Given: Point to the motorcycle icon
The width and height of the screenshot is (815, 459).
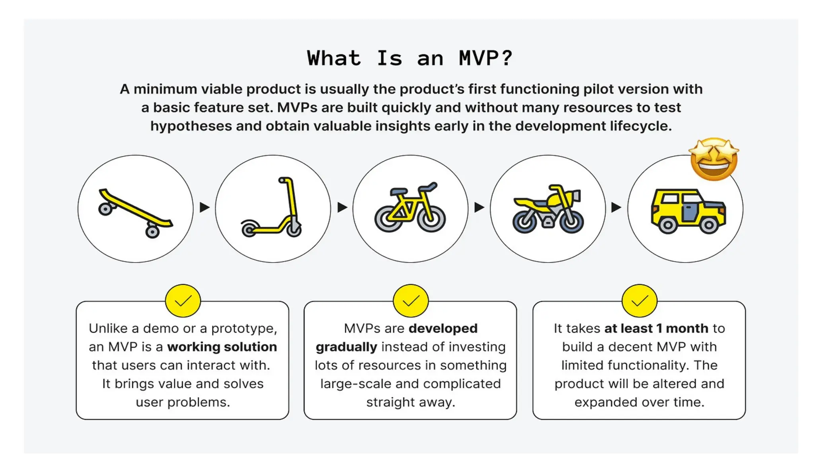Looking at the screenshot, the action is (x=548, y=209).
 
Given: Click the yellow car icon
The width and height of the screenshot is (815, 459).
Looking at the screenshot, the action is (x=688, y=211).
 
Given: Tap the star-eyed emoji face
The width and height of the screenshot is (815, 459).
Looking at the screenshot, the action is (x=714, y=159).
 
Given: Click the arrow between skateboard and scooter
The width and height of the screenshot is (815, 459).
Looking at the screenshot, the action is (x=205, y=207).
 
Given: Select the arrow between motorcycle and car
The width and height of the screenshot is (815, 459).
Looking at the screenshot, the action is (x=616, y=207).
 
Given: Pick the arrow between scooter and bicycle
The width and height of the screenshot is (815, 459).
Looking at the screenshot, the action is (x=342, y=207).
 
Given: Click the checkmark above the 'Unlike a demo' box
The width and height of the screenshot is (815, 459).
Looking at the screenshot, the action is (x=183, y=301).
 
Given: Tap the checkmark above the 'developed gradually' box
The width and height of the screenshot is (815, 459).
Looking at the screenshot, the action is (x=411, y=301).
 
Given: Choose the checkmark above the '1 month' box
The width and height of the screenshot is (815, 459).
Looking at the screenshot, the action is (x=639, y=301).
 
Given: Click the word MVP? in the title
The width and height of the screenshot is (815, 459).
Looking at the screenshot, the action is (x=485, y=59).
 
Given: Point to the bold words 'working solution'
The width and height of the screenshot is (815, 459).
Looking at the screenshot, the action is (x=222, y=347).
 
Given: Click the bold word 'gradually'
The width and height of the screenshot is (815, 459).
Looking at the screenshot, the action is (x=346, y=347).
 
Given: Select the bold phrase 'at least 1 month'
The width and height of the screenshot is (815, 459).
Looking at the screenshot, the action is (x=656, y=328).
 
